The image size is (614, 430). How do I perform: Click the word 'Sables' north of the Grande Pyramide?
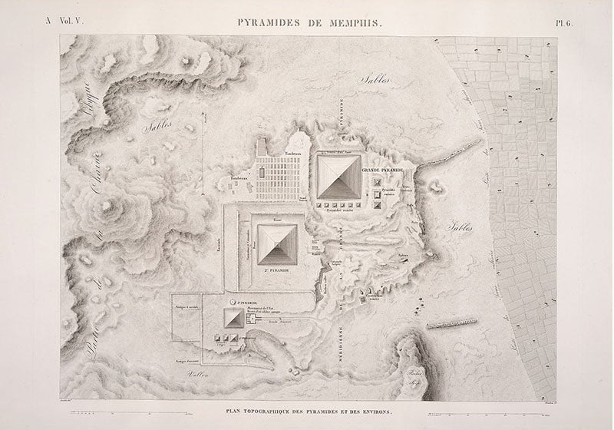[x=375, y=79]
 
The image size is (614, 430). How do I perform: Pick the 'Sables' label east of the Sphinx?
[x=458, y=227]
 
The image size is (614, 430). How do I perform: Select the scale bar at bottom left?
[x=123, y=396]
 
